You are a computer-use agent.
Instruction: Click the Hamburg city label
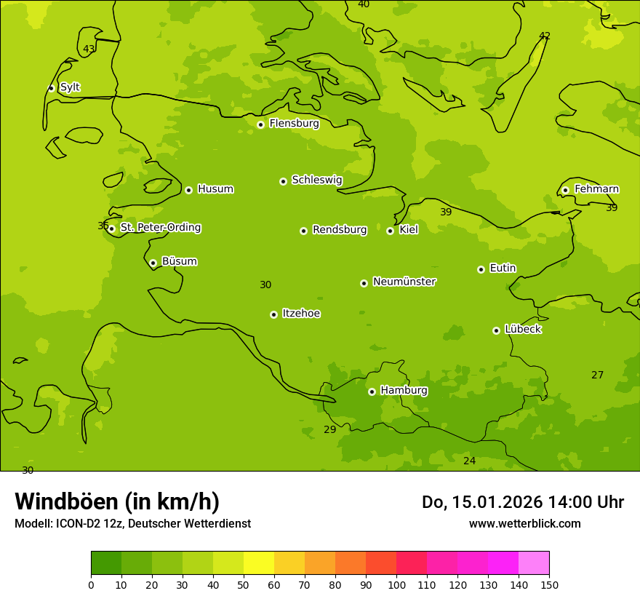(404, 390)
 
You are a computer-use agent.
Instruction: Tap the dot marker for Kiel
(390, 231)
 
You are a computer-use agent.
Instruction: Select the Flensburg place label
(294, 124)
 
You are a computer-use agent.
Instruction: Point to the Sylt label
(70, 87)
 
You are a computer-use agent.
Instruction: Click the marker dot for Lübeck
(496, 330)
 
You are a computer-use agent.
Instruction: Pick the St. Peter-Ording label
(160, 228)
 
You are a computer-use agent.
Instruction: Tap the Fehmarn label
(596, 189)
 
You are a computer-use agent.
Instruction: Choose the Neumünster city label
(404, 282)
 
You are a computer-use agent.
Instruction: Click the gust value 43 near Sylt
(89, 49)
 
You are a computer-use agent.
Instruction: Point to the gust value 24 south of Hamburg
(469, 461)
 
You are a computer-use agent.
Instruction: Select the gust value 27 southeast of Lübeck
(597, 375)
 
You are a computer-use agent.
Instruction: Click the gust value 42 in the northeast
(545, 36)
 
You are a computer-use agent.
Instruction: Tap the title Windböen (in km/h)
(117, 501)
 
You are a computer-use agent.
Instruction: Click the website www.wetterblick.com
(524, 524)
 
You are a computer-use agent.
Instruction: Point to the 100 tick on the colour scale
(396, 584)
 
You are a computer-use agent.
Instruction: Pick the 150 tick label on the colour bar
(549, 584)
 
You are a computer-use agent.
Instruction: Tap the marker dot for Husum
(188, 190)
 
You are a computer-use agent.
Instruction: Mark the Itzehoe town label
(301, 314)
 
